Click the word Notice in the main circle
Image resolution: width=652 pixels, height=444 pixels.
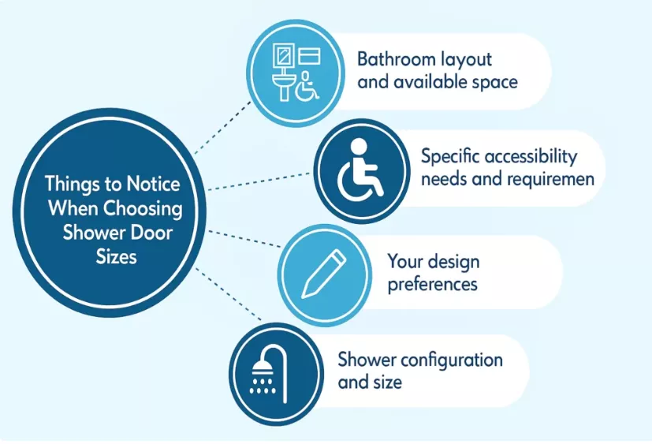point(153,184)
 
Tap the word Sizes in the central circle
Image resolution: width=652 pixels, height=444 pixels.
point(117,256)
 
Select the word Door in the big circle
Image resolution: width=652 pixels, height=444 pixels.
point(151,232)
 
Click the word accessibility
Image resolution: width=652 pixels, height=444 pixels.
point(531,156)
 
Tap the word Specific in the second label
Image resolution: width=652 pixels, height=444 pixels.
point(451,156)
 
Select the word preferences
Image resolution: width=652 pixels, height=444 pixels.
point(433,285)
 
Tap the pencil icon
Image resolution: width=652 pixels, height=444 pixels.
point(323,274)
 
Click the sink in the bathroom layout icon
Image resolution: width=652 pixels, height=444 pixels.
point(284,84)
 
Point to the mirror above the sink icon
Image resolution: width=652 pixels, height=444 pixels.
point(284,55)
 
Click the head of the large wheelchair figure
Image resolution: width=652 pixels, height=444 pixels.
point(359,147)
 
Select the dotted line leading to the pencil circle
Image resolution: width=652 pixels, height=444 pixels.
point(244,239)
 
